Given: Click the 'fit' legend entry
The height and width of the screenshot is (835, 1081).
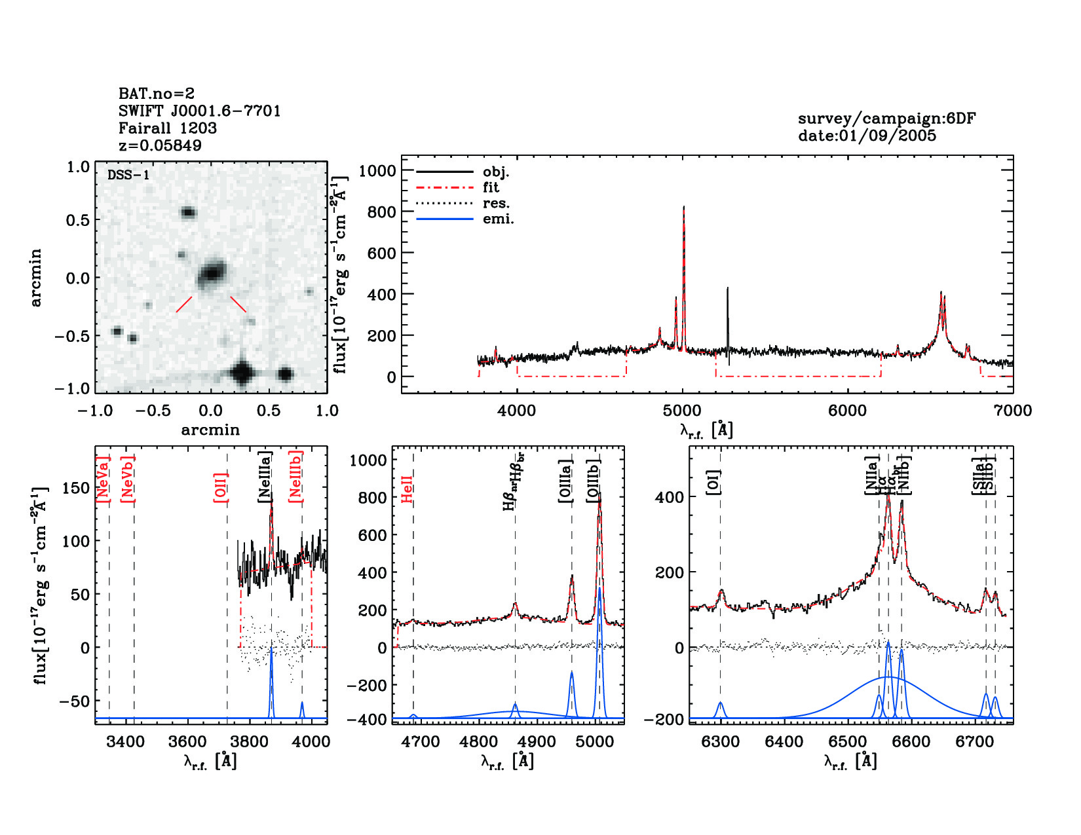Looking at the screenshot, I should [x=491, y=187].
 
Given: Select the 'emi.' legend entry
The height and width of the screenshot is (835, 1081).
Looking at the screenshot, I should [x=498, y=219].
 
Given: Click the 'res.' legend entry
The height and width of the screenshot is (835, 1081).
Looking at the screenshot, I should [x=496, y=203].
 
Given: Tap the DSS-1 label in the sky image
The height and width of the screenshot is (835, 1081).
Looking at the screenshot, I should [x=128, y=175].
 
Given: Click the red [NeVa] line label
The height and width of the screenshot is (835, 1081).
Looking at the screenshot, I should [x=103, y=479].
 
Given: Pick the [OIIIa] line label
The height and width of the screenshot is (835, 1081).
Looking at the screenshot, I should [x=565, y=481].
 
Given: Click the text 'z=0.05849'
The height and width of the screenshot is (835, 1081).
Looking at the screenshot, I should [x=160, y=145].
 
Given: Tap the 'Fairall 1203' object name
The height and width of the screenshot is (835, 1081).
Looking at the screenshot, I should [x=167, y=128].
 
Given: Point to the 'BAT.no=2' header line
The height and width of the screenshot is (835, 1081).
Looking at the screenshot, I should [x=157, y=94].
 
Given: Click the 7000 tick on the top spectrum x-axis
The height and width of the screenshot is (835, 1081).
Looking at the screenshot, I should [x=1012, y=411].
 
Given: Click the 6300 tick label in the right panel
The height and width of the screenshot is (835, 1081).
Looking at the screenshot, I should [x=721, y=741].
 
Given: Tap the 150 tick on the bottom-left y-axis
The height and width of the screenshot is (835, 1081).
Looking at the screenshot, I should [x=76, y=488].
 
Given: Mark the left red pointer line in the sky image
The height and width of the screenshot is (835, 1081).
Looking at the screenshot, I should [x=184, y=305].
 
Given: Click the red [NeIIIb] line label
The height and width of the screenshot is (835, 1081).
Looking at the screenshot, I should [x=295, y=476].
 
